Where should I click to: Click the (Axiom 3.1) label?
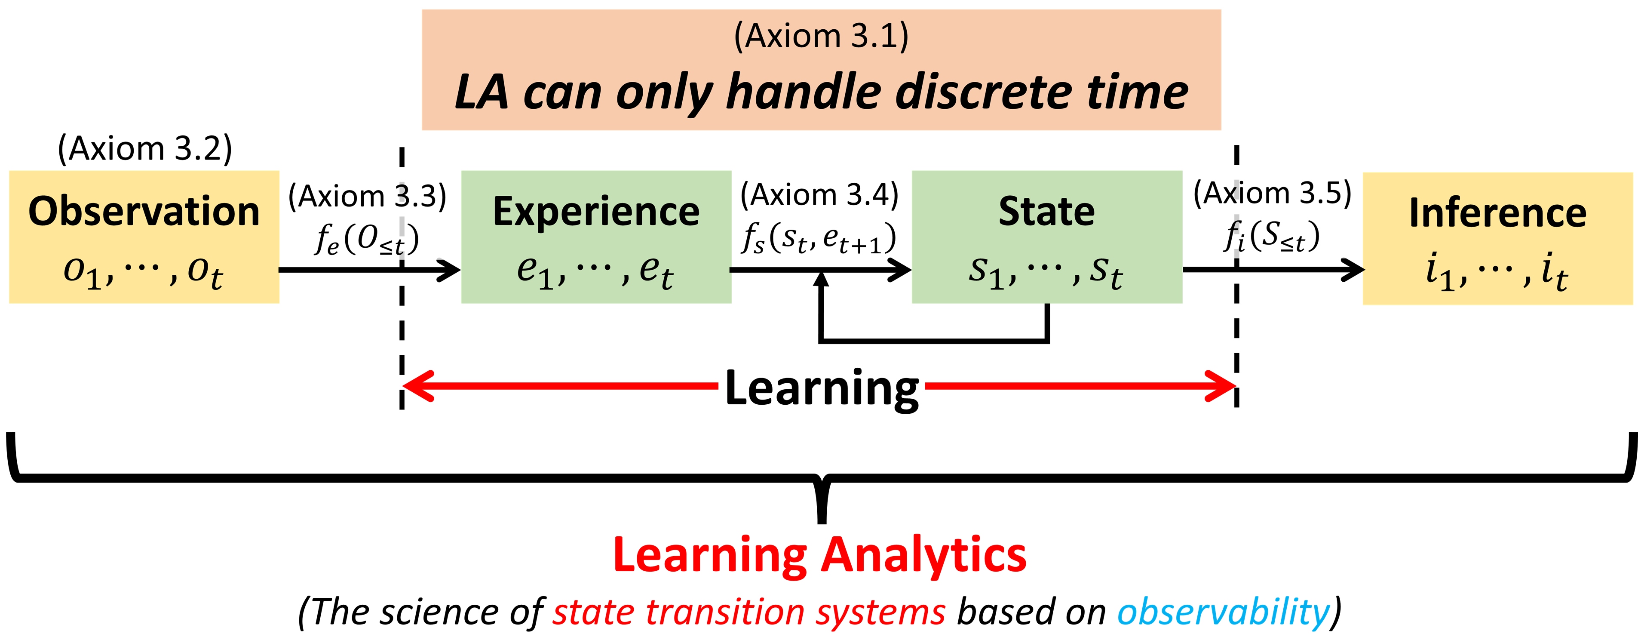pos(821,36)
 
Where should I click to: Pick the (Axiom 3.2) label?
pos(145,148)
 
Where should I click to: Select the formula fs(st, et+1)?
pos(819,239)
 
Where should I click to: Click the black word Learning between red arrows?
pos(822,388)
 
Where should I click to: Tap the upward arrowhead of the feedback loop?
pos(822,279)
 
